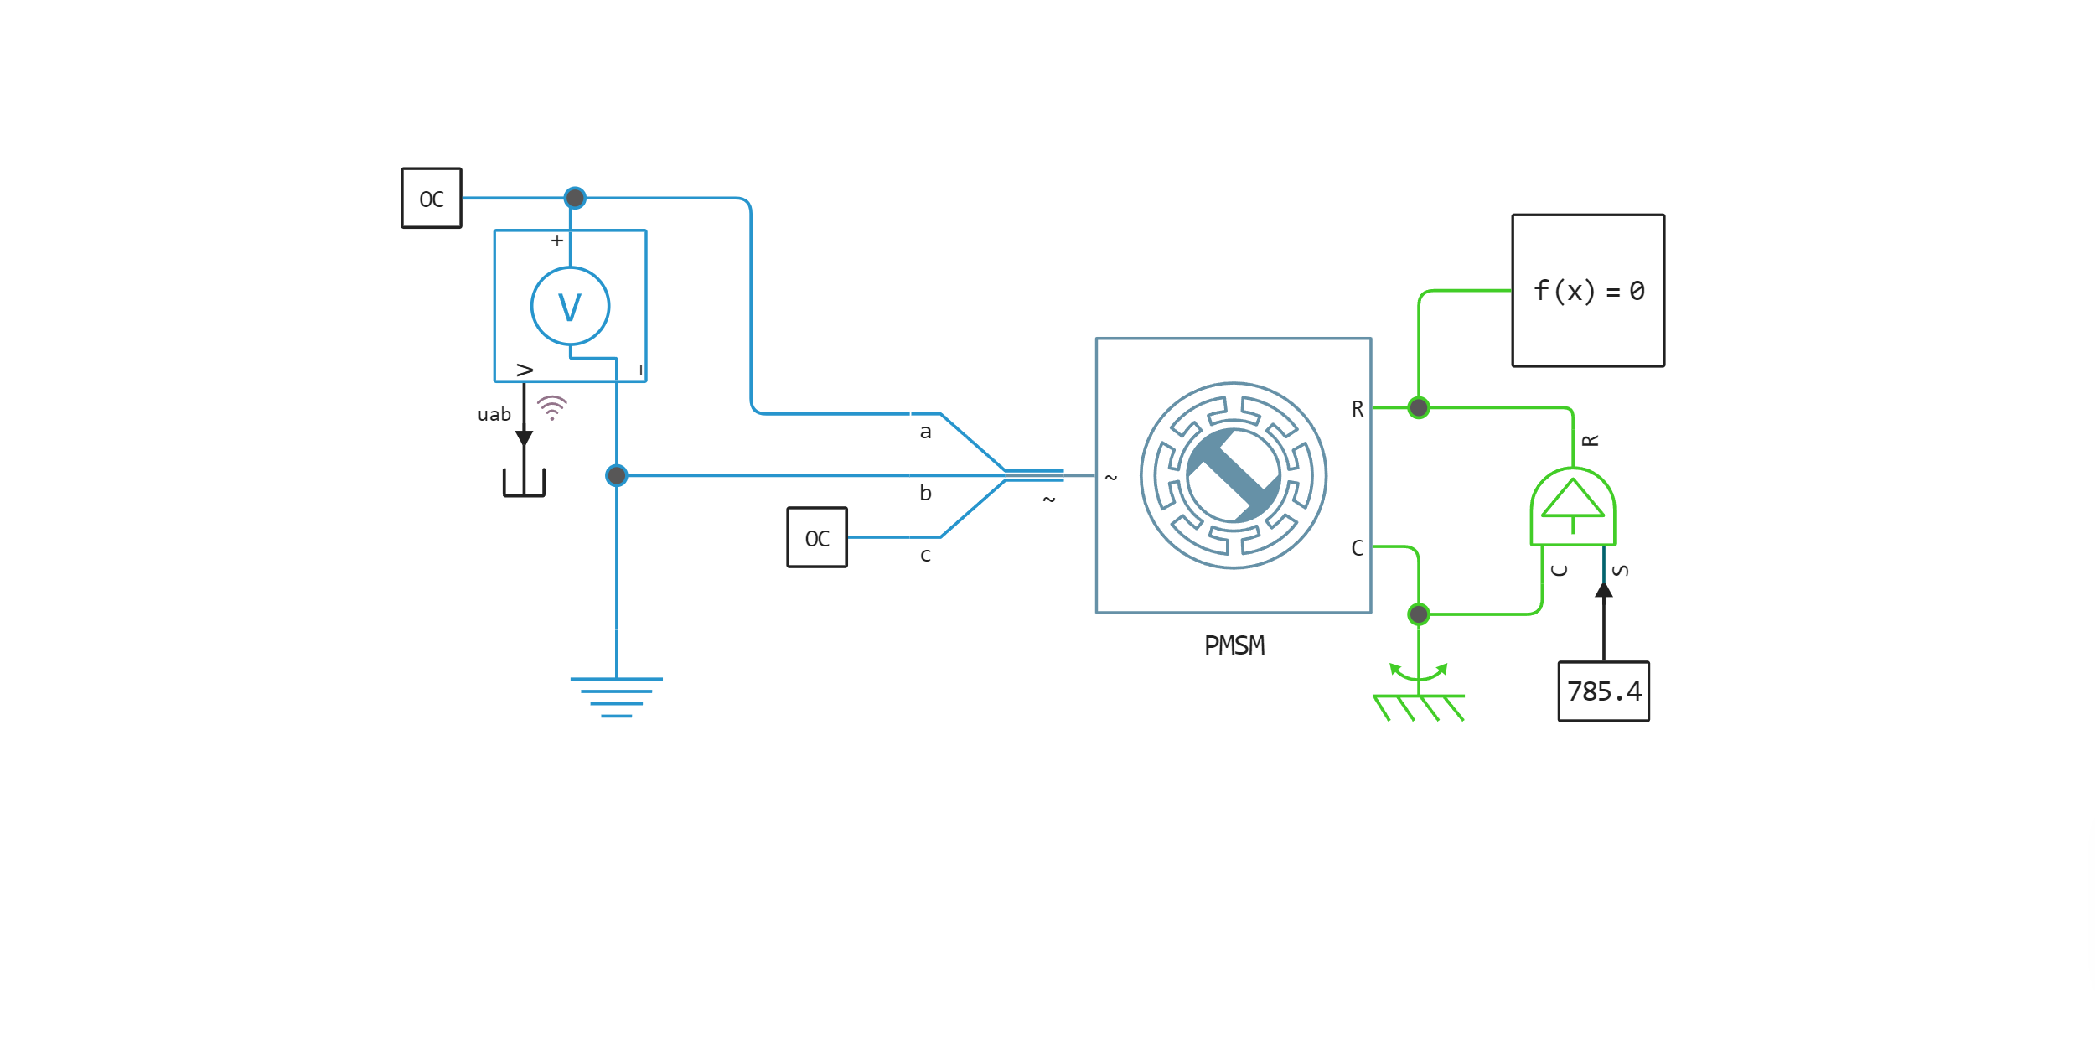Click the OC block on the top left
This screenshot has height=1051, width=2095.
(432, 199)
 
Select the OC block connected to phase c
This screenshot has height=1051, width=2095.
(817, 537)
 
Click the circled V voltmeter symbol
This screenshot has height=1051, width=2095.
(570, 306)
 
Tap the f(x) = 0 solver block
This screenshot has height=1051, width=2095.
(1587, 291)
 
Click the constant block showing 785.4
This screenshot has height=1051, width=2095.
(1603, 691)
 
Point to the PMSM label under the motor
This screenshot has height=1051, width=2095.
(1234, 645)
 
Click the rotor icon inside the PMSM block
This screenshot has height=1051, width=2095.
(1234, 475)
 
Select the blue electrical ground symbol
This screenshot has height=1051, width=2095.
(617, 696)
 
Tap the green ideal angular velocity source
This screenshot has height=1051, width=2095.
(1573, 507)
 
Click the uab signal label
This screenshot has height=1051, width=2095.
(494, 415)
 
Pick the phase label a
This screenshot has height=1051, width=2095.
(925, 432)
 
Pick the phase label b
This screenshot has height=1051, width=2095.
(925, 494)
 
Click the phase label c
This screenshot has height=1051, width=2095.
(925, 555)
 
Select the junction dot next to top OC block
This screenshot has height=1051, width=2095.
(575, 198)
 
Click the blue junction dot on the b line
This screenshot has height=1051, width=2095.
(617, 476)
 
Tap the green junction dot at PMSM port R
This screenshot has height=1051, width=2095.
(1419, 408)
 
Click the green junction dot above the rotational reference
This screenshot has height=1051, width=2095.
(1419, 614)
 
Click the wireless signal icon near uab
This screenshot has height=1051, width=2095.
(552, 407)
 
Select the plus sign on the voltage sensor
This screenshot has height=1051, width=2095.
(557, 241)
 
